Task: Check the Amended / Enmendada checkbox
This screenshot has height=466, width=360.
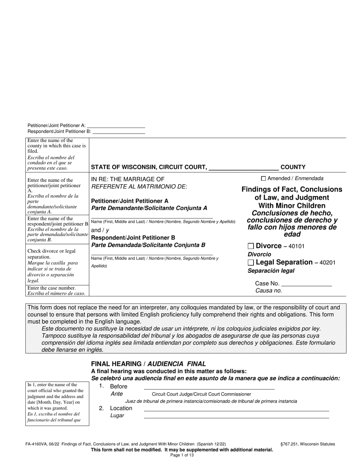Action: pyautogui.click(x=264, y=178)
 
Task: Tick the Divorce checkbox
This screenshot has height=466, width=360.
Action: pyautogui.click(x=250, y=246)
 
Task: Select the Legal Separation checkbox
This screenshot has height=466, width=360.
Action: pyautogui.click(x=250, y=263)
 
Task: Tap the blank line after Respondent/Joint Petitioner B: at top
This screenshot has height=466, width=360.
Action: pyautogui.click(x=119, y=133)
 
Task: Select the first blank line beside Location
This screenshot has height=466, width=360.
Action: pyautogui.click(x=236, y=410)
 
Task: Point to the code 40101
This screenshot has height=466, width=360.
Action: pyautogui.click(x=297, y=247)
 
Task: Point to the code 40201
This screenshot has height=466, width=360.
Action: pyautogui.click(x=327, y=263)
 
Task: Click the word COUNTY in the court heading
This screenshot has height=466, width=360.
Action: pyautogui.click(x=293, y=167)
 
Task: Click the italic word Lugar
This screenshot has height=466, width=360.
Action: pyautogui.click(x=117, y=416)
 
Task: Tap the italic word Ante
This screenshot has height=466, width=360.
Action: pyautogui.click(x=116, y=394)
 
